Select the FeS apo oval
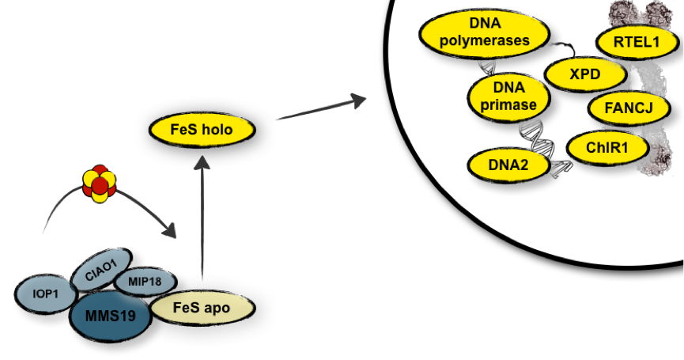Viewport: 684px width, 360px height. pos(202,308)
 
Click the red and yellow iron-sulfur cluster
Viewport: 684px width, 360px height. pos(99,184)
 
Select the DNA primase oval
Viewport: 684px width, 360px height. pos(508,95)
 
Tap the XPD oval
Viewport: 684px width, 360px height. pos(585,75)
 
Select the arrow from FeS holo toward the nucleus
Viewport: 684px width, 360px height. pos(320,108)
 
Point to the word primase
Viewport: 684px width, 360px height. pos(508,104)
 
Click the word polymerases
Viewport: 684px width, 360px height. pos(484,42)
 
